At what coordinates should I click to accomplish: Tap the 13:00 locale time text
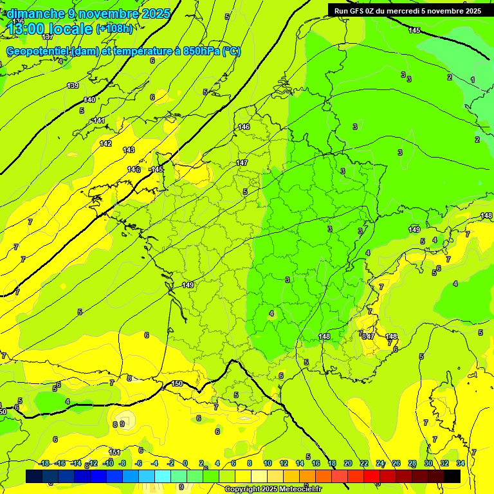click(50, 29)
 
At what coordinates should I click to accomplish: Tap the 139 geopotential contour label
click(73, 86)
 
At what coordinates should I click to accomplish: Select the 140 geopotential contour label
click(89, 100)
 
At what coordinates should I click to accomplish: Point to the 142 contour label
click(105, 143)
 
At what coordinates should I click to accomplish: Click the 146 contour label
click(244, 127)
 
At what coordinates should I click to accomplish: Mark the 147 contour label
click(242, 163)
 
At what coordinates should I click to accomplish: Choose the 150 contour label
click(177, 384)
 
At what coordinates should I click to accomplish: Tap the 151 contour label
click(114, 452)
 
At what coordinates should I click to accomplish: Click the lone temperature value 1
click(473, 80)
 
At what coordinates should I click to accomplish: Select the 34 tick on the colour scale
click(461, 463)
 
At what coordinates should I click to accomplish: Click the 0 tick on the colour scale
click(185, 463)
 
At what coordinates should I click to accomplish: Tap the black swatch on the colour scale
click(452, 476)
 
